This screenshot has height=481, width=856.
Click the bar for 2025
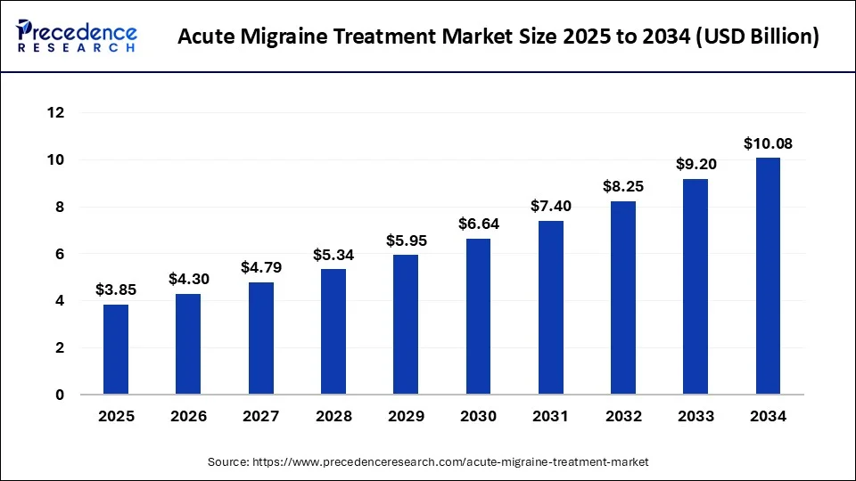tap(116, 349)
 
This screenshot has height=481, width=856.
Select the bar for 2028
tap(333, 331)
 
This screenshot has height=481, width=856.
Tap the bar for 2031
tap(550, 307)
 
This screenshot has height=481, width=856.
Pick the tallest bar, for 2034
tap(768, 276)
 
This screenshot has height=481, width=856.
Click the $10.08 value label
tap(768, 143)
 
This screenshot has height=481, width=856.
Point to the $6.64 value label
tap(478, 224)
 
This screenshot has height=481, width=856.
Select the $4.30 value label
tap(188, 279)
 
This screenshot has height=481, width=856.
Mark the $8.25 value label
tap(623, 186)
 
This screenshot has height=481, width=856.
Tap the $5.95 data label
tap(406, 240)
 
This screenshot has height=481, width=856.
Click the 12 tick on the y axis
tap(56, 113)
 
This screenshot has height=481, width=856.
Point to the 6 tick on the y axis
tap(61, 254)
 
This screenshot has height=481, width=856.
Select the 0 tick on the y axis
tap(61, 395)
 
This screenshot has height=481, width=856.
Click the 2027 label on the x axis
tap(260, 416)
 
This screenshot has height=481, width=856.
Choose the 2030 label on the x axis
tap(478, 416)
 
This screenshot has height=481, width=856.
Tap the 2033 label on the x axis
tap(695, 416)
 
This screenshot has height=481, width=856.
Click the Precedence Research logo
tap(77, 36)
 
